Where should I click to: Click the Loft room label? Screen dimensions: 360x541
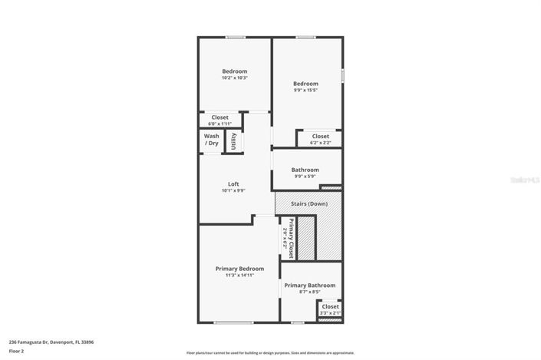click(233, 183)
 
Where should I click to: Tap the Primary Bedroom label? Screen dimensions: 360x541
click(239, 269)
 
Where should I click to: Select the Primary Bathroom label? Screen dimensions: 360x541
click(310, 286)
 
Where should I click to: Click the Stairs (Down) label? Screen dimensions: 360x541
click(309, 203)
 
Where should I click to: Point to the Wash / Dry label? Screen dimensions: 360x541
click(211, 140)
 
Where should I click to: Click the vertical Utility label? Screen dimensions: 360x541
click(233, 140)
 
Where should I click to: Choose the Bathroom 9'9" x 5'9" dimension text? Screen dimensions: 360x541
click(305, 177)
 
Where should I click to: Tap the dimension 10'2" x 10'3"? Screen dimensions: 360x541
click(234, 78)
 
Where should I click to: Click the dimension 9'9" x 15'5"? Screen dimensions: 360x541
click(305, 90)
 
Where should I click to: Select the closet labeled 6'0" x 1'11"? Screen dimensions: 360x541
click(219, 124)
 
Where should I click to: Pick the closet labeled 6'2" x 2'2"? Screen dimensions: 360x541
click(320, 143)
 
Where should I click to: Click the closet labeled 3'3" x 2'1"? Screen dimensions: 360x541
click(330, 313)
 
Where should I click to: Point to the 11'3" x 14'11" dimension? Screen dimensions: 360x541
click(239, 275)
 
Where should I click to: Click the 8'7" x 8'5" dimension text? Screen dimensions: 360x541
click(310, 292)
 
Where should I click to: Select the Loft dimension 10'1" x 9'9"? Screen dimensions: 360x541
click(233, 190)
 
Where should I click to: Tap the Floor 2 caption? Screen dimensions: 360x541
click(16, 351)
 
